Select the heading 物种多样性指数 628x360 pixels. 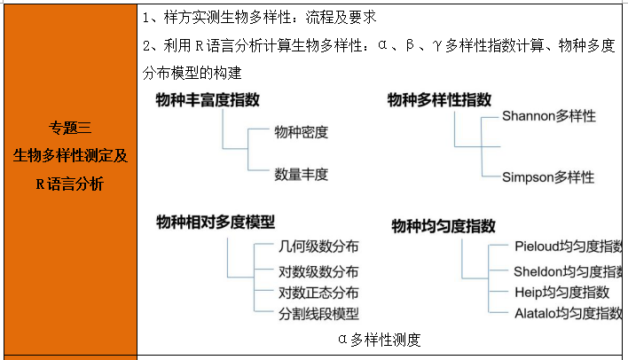439,100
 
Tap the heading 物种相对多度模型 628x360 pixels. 216,222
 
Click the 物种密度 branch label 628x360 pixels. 302,133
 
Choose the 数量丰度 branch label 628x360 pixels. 302,174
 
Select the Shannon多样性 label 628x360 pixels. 548,116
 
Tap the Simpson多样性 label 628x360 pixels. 548,177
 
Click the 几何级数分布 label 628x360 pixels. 318,247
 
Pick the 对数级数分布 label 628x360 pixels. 318,271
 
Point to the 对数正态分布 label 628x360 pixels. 318,292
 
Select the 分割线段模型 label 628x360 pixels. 318,313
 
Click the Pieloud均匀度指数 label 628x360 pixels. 568,246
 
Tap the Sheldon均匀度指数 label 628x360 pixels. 568,270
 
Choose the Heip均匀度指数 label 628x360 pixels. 562,292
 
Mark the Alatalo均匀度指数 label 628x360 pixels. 568,313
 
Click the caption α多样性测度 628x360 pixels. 379,339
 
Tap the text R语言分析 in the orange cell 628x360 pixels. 70,184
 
